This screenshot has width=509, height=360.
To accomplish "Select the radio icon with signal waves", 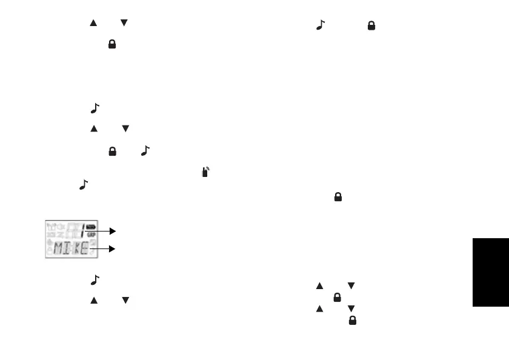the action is point(206,173).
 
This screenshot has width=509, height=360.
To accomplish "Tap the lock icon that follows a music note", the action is point(371,26).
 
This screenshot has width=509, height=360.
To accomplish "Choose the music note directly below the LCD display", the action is point(93,279).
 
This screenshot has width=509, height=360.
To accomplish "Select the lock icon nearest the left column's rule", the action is point(112,45).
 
